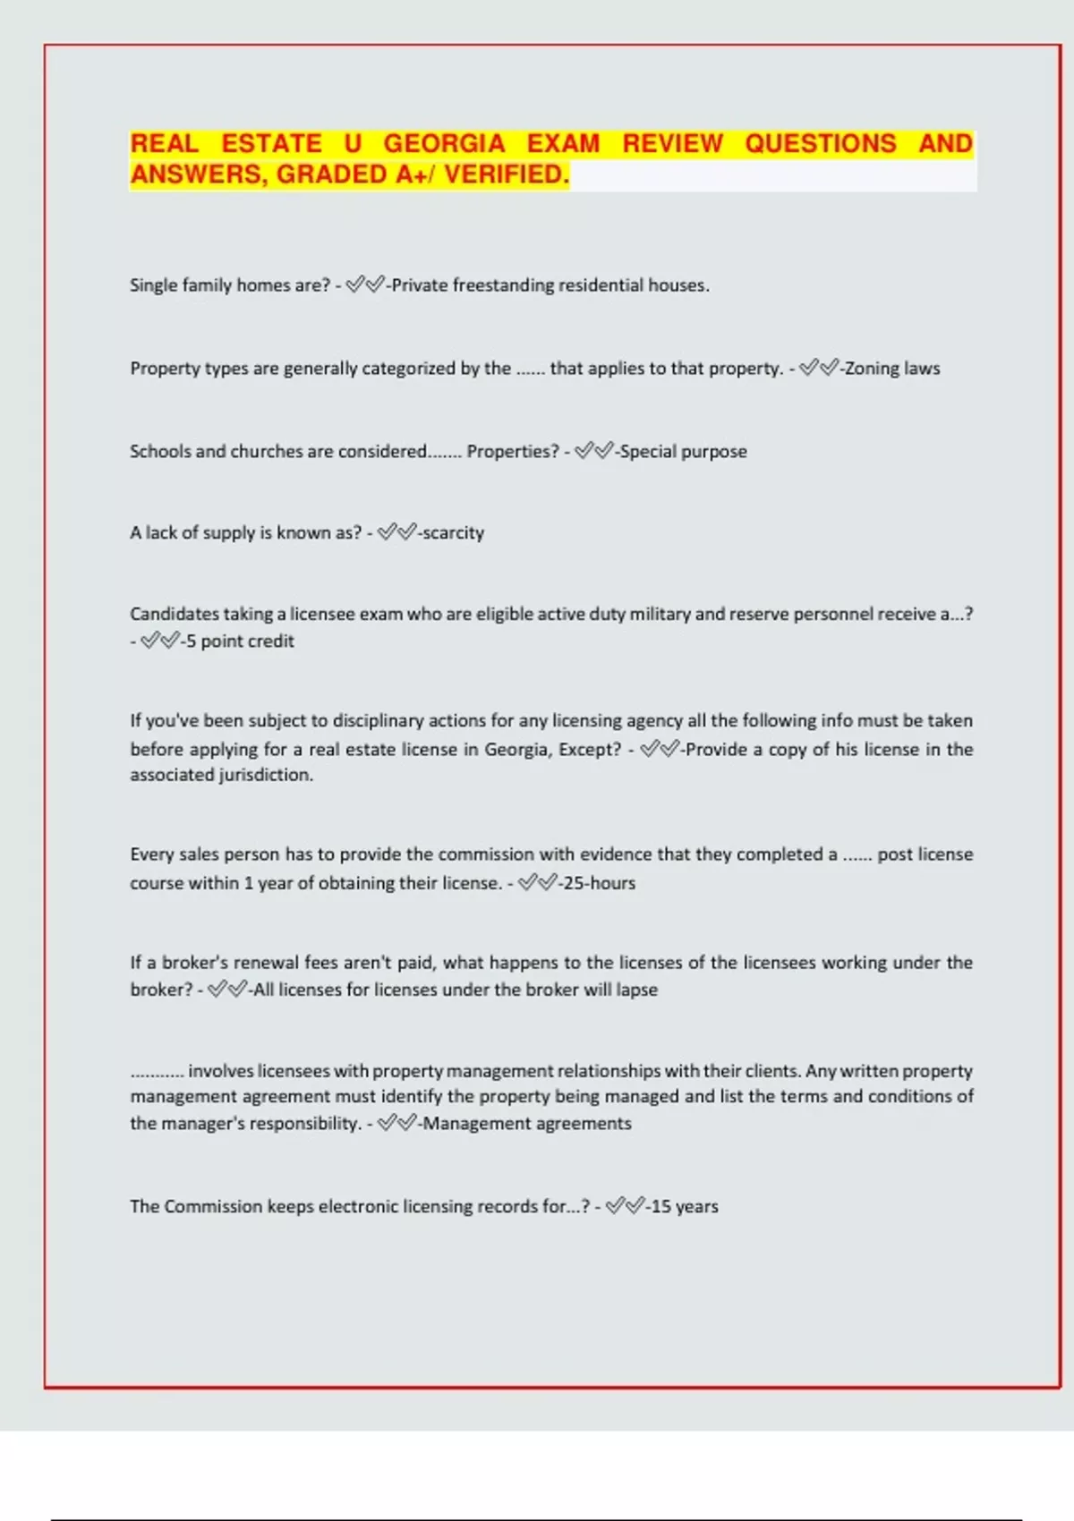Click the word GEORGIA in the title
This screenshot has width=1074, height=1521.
click(x=444, y=144)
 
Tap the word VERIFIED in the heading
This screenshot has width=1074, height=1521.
click(x=507, y=174)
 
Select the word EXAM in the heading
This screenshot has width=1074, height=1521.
click(x=563, y=144)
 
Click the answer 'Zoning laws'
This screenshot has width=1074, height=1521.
click(x=892, y=369)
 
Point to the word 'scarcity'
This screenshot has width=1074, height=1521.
click(x=453, y=533)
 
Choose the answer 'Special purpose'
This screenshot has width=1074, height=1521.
click(x=683, y=452)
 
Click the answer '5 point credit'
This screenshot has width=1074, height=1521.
click(x=239, y=642)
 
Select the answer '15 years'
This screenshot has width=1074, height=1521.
click(x=684, y=1207)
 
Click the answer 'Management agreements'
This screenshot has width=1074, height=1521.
click(x=527, y=1124)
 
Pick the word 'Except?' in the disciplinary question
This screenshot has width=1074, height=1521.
click(x=589, y=750)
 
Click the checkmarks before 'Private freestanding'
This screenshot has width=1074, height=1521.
click(x=365, y=285)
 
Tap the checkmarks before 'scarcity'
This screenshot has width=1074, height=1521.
click(x=396, y=533)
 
